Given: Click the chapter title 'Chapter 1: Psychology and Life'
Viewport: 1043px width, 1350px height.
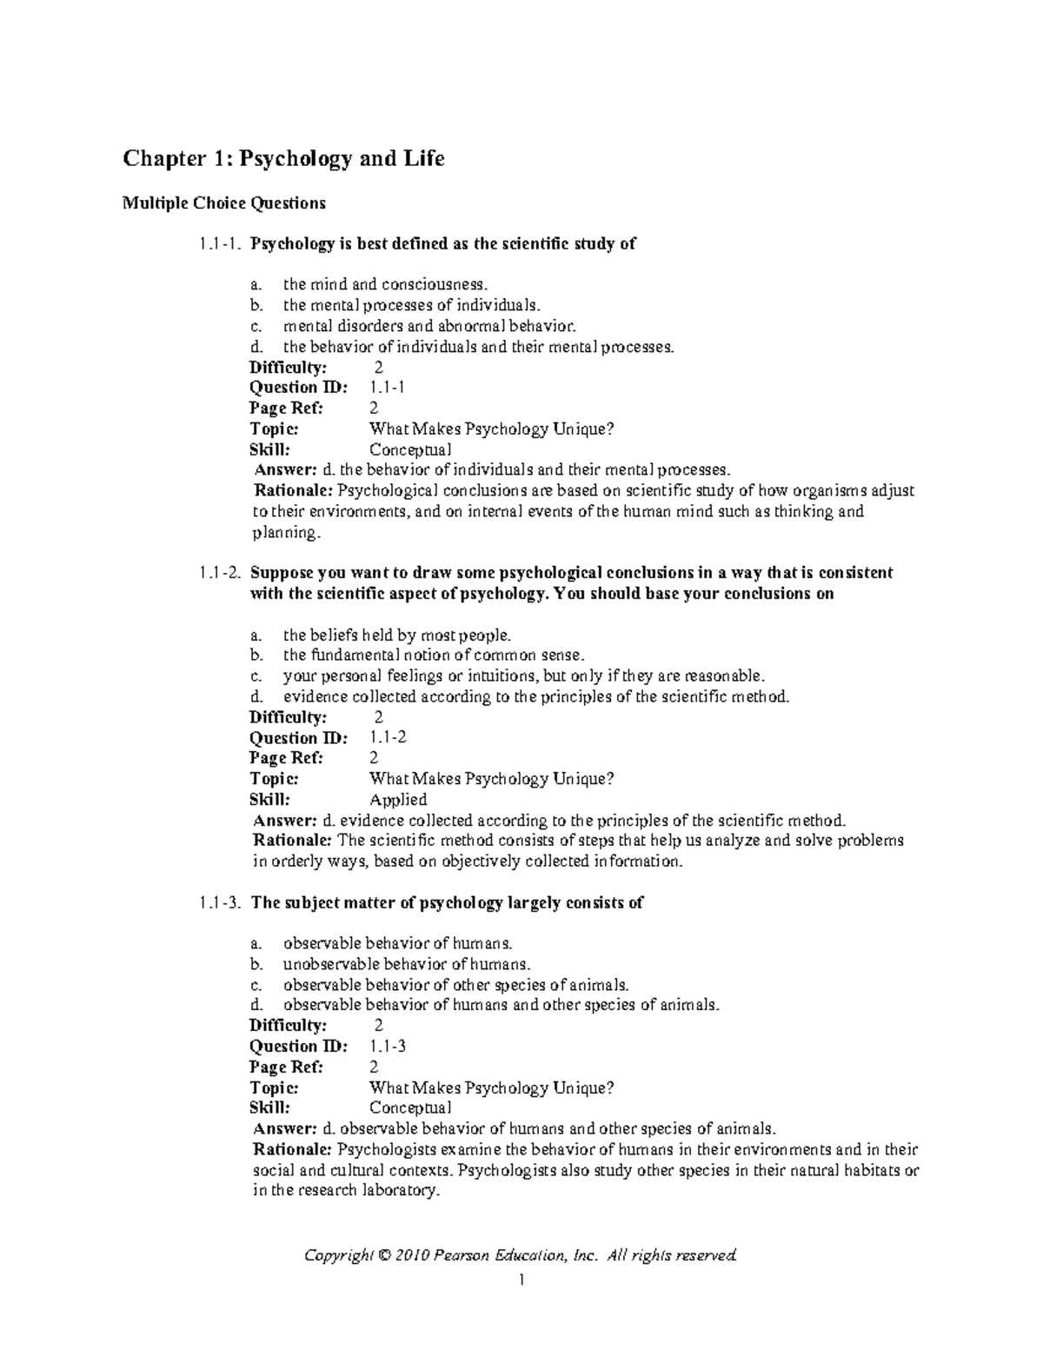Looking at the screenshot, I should (x=283, y=159).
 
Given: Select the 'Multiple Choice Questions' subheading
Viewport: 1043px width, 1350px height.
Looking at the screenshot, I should (x=223, y=203).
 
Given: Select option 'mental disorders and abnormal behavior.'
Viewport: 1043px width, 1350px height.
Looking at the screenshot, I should (x=428, y=326).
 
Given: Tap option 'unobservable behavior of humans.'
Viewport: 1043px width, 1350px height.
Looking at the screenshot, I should (x=406, y=964).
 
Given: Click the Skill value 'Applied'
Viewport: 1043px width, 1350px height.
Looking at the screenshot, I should (x=398, y=800).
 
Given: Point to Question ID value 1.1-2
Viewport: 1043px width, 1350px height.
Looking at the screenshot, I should (x=388, y=738).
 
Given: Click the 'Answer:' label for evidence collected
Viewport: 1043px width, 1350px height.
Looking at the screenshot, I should (x=284, y=821).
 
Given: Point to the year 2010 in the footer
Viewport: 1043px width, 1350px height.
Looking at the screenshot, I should (x=411, y=1255).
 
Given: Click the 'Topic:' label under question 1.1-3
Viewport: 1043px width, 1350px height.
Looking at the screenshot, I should (x=274, y=1088).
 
